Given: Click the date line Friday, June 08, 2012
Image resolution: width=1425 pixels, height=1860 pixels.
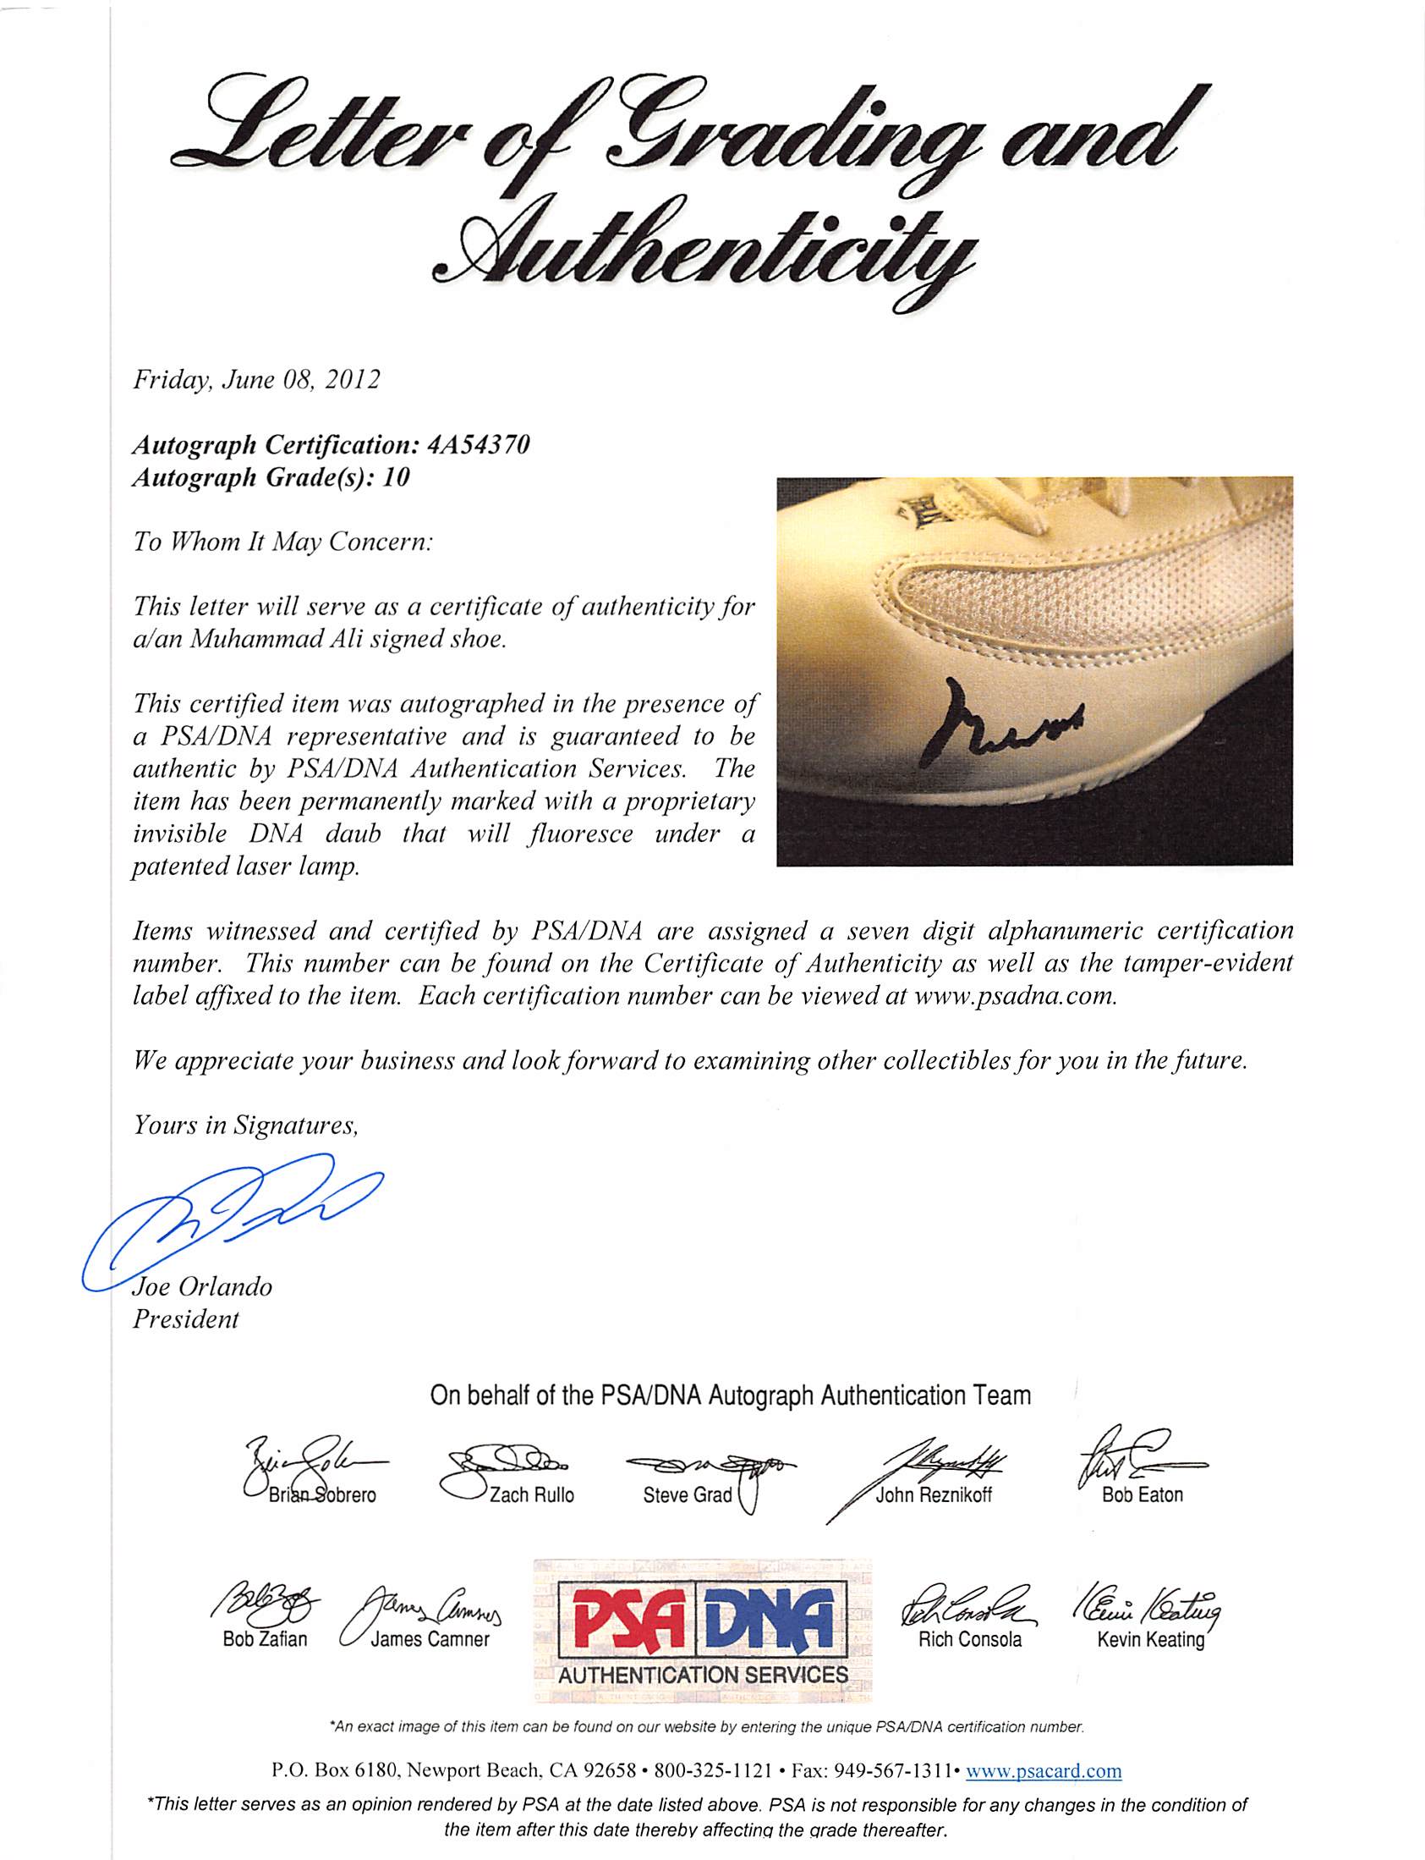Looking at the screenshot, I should (256, 379).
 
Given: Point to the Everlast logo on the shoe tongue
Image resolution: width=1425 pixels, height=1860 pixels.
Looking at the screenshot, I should (917, 513).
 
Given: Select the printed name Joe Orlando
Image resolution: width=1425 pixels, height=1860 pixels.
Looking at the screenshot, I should (203, 1287).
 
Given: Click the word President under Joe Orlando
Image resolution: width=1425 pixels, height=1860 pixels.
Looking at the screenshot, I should (186, 1319).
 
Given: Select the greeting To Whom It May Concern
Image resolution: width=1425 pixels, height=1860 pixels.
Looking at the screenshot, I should (282, 542).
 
